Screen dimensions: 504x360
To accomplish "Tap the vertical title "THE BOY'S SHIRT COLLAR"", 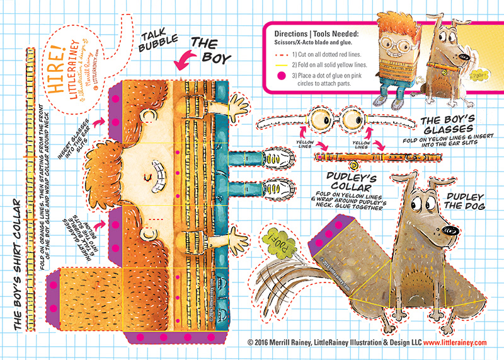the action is click(x=14, y=265).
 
